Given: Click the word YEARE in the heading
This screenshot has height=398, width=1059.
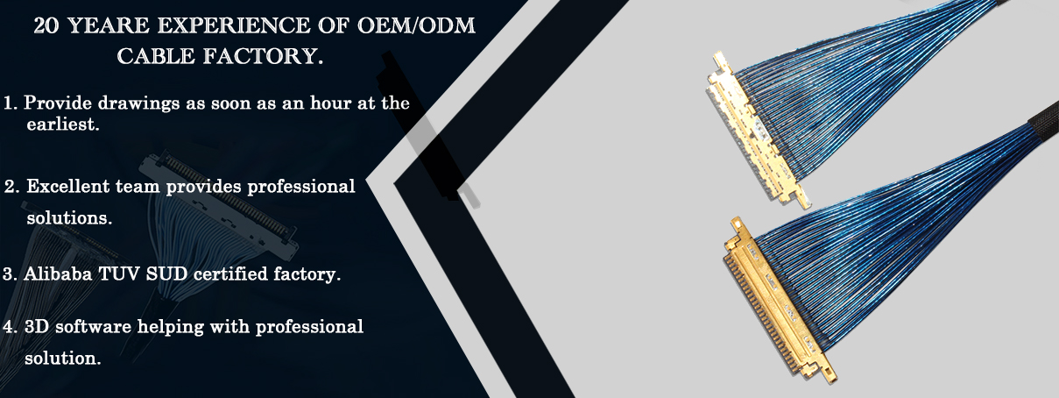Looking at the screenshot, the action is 109,25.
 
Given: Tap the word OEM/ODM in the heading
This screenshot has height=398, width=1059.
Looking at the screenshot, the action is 416,25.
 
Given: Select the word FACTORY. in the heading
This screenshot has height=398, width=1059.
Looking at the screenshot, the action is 263,56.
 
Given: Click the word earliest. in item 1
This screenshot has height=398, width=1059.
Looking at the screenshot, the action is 63,124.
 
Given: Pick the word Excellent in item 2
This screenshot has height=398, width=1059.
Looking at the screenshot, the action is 68,186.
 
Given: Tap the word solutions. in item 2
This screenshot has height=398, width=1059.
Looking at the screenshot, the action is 69,217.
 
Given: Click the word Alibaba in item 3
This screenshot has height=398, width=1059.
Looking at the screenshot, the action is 58,274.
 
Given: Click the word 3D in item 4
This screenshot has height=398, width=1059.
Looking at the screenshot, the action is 37,326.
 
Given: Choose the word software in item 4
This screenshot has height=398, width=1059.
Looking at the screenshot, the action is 93,326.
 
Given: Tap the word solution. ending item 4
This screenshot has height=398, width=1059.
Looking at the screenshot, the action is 63,359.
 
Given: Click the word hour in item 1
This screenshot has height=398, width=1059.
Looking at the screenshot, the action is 330,103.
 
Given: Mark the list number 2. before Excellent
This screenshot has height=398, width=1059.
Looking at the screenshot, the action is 11,187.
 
